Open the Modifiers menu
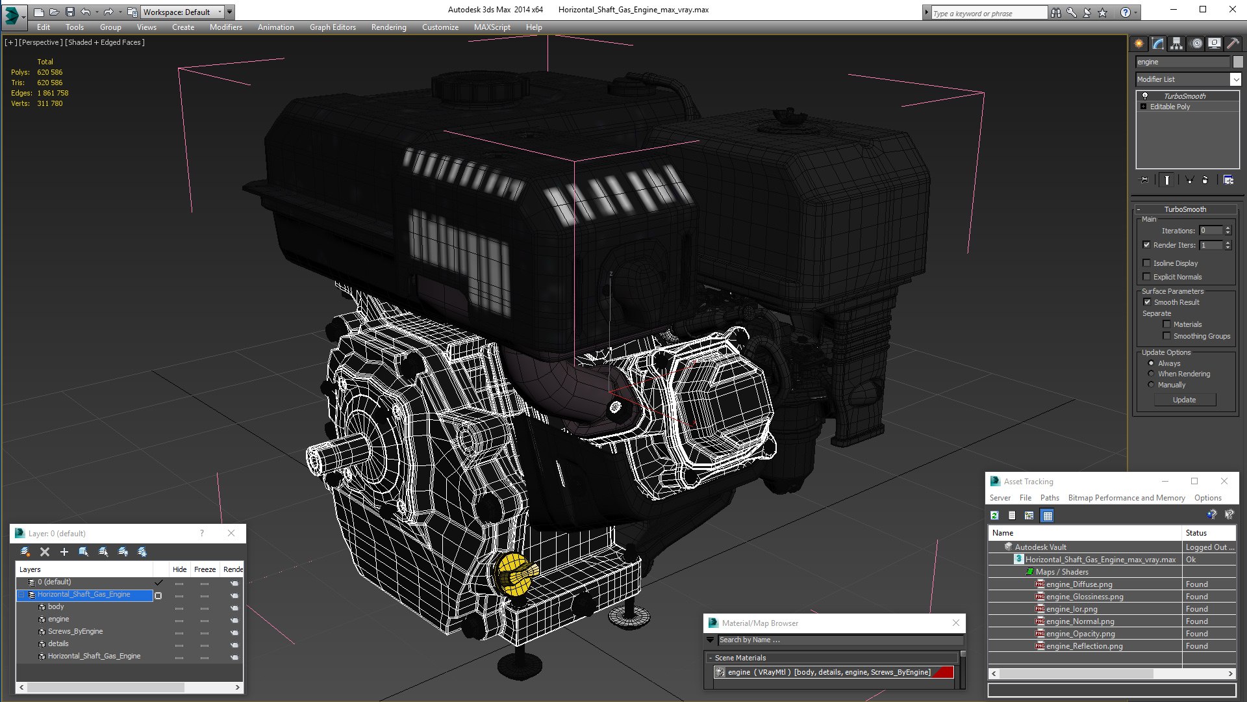point(225,27)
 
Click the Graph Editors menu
point(333,27)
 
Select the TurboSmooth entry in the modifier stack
point(1184,96)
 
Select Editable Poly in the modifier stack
point(1170,107)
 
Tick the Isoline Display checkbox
point(1147,263)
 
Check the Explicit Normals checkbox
point(1147,277)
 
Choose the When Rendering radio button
point(1152,374)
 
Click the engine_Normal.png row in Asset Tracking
point(1079,621)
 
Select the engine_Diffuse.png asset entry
point(1079,584)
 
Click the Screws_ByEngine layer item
point(75,631)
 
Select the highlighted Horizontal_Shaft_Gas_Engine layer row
point(84,595)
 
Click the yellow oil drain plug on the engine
point(516,575)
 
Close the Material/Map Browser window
point(955,623)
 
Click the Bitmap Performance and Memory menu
point(1126,498)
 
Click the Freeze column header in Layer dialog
point(205,569)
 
